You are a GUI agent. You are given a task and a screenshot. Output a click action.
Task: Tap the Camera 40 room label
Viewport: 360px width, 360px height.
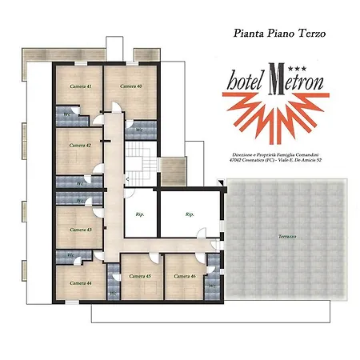pos(131,86)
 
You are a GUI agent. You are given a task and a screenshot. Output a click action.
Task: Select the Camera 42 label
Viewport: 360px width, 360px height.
pos(80,146)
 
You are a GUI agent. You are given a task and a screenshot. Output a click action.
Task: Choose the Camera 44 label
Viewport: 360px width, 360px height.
pos(80,283)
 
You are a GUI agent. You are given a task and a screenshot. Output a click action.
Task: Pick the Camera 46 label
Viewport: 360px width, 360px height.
pos(185,276)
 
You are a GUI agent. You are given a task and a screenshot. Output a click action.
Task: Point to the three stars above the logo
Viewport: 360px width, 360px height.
pos(274,61)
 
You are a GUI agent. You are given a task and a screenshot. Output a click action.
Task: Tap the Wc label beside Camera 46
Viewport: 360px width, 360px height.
pos(212,284)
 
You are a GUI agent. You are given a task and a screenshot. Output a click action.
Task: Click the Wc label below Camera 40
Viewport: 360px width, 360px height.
pos(138,129)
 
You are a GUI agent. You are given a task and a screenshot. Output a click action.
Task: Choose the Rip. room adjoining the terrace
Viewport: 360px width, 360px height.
pos(190,214)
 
